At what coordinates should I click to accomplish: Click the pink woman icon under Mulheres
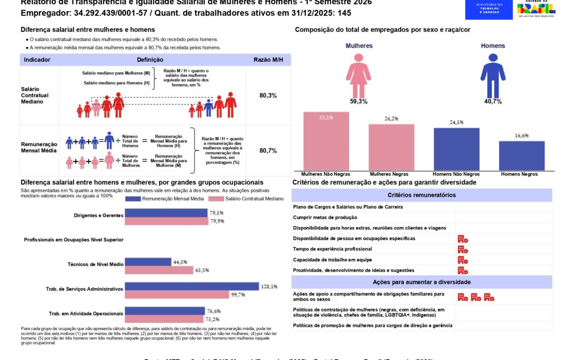pos(359,74)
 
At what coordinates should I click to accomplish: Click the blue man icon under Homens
pos(492,74)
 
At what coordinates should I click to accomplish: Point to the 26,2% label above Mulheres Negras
pos(391,119)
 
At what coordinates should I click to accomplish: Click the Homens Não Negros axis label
pos(457,174)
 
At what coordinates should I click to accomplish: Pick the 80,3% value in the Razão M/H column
pos(268,95)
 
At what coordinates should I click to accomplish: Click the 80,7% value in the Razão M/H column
pos(268,151)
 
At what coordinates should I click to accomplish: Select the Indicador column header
pos(37,60)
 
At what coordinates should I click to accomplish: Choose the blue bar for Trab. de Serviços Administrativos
pos(191,286)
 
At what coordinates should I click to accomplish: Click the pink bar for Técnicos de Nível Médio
pos(159,270)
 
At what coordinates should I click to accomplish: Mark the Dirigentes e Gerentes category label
pos(99,215)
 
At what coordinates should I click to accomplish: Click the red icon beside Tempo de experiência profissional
pos(463,249)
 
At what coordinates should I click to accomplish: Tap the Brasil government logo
pos(536,10)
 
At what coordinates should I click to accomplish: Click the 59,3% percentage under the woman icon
pos(359,101)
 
